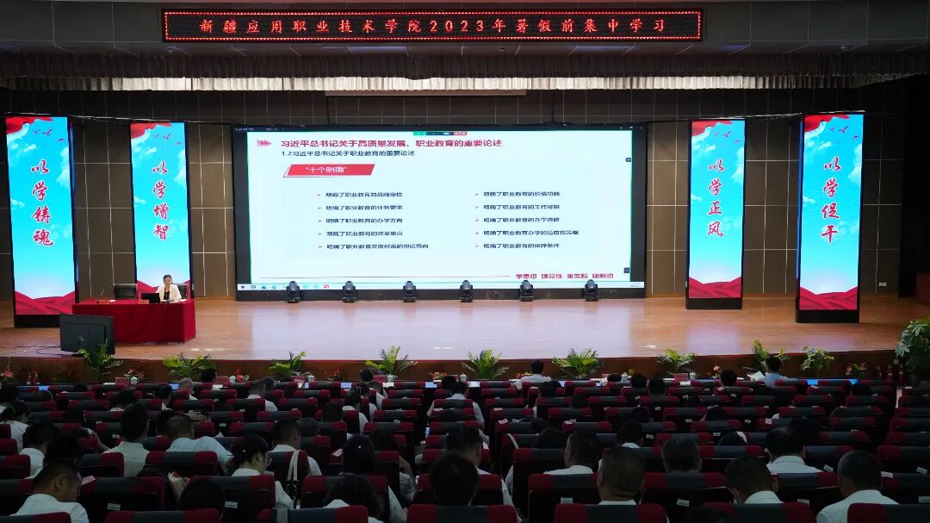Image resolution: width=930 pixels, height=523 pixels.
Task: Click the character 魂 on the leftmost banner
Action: [x=42, y=237]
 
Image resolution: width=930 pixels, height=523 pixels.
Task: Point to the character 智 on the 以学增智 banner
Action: [x=160, y=232]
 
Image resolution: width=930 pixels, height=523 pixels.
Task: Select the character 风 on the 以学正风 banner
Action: [x=715, y=229]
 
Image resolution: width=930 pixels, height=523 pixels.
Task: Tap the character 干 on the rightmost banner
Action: [x=829, y=233]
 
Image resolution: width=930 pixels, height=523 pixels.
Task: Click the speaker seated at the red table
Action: [x=168, y=290]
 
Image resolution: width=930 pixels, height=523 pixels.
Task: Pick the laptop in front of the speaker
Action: [x=151, y=297]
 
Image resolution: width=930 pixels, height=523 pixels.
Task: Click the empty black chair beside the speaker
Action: [x=125, y=292]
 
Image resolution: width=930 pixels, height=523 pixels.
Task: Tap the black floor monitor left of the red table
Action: [x=86, y=332]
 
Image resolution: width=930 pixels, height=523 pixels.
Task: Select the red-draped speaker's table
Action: [x=134, y=321]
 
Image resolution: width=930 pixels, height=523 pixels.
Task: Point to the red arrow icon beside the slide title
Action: [x=264, y=143]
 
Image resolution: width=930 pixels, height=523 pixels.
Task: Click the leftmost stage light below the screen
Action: [x=293, y=291]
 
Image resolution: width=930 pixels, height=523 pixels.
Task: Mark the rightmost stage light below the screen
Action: [x=591, y=290]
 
